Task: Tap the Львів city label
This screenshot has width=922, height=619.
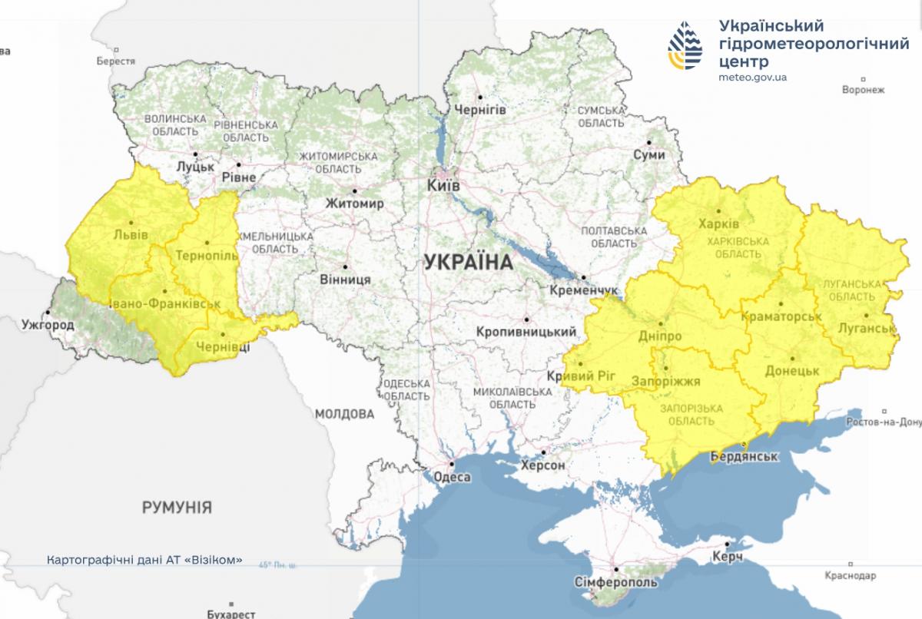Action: pyautogui.click(x=131, y=235)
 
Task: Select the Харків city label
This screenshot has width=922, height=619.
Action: pyautogui.click(x=718, y=224)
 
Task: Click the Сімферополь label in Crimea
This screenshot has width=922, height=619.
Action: pyautogui.click(x=616, y=582)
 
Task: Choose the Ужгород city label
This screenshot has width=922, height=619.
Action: pyautogui.click(x=48, y=326)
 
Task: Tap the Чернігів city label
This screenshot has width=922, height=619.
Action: pyautogui.click(x=481, y=110)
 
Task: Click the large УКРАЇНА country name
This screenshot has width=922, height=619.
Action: pyautogui.click(x=467, y=262)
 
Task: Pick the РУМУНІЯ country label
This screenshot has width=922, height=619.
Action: pyautogui.click(x=177, y=507)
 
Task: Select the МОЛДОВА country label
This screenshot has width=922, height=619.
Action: pyautogui.click(x=344, y=414)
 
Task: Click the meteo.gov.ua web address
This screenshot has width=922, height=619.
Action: pyautogui.click(x=752, y=77)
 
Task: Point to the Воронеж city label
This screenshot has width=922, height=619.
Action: pyautogui.click(x=863, y=90)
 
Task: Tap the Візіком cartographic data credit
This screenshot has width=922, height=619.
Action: pyautogui.click(x=144, y=559)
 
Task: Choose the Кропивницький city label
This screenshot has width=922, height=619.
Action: pyautogui.click(x=526, y=332)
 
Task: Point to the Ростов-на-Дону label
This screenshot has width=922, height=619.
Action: pyautogui.click(x=883, y=422)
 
